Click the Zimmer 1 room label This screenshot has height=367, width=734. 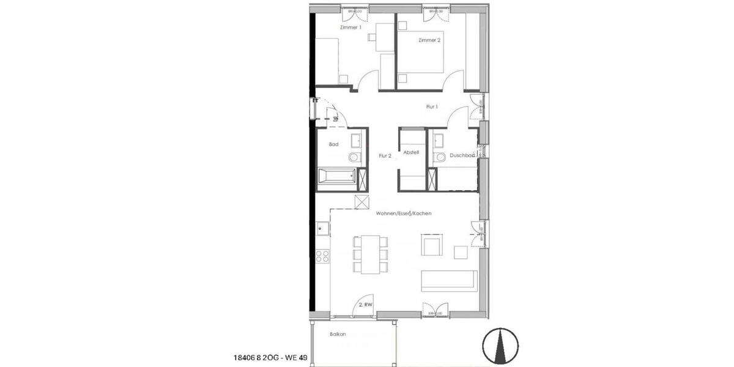(350, 28)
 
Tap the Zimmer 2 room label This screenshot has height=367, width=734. (429, 40)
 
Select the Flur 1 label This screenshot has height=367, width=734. (432, 107)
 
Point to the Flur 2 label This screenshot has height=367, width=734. (385, 156)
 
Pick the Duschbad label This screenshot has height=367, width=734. (462, 156)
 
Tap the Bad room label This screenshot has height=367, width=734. (333, 144)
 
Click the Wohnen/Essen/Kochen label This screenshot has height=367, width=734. (404, 213)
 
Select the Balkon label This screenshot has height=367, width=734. (338, 335)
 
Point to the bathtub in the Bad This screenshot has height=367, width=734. (336, 176)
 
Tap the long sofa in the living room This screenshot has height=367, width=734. (448, 280)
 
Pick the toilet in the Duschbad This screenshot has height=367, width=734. (439, 158)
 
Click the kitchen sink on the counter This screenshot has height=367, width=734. (322, 229)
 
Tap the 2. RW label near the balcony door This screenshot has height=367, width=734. (365, 304)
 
